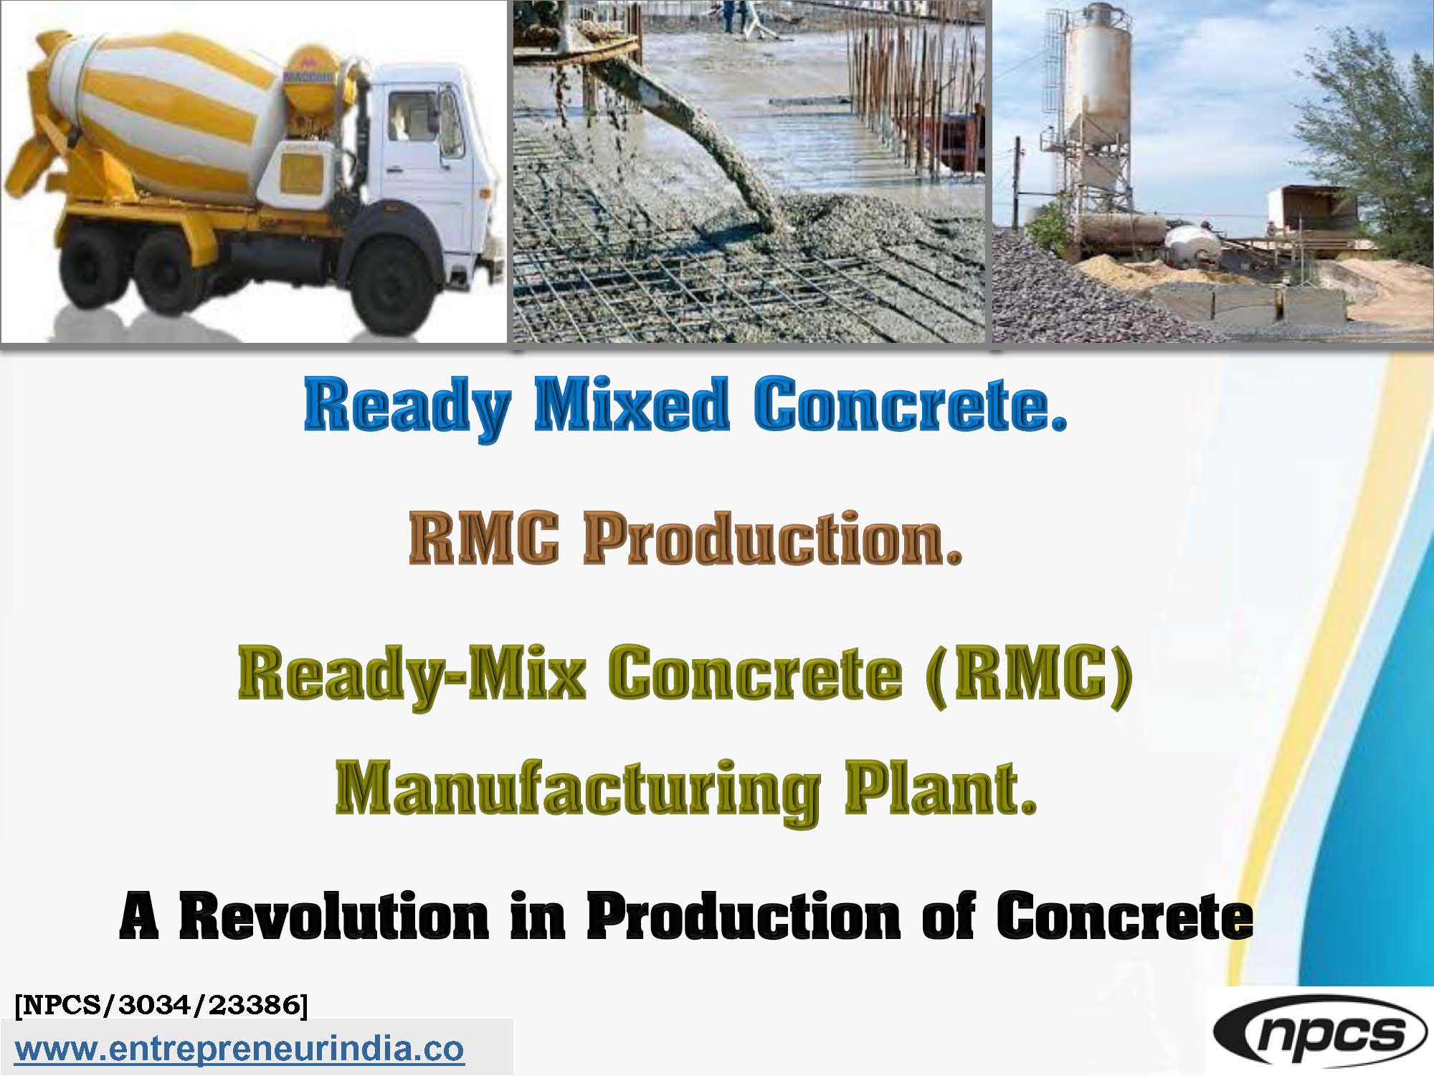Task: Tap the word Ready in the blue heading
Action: [407, 407]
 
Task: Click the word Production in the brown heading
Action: [771, 539]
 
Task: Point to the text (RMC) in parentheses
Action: [1029, 674]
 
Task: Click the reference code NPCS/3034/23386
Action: [161, 1005]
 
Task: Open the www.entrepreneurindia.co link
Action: [239, 1049]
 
